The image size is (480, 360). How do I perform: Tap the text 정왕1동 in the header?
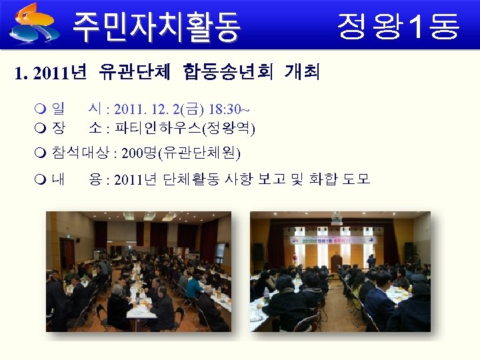tap(398, 26)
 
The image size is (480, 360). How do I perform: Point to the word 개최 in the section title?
tap(302, 71)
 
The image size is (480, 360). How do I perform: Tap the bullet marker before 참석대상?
tap(41, 153)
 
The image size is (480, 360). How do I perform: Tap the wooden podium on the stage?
tap(336, 261)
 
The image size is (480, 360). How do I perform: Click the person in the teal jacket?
tap(193, 286)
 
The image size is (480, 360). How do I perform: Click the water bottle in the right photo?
tap(267, 294)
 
